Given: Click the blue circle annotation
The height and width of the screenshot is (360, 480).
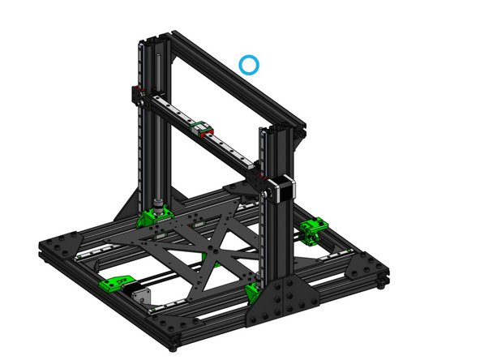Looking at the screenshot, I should pyautogui.click(x=249, y=64).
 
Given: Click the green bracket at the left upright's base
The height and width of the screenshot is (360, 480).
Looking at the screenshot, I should pyautogui.click(x=152, y=216).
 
